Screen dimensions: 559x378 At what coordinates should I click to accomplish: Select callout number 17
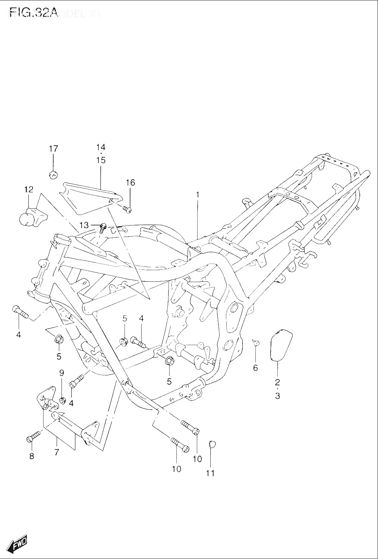[x=53, y=149]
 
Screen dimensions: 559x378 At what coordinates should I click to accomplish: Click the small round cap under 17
[x=53, y=174]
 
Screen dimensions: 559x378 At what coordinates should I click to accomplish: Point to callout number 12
[x=29, y=189]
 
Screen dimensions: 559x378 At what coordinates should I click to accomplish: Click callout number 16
[x=130, y=182]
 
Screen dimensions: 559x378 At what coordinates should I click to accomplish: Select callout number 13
[x=84, y=225]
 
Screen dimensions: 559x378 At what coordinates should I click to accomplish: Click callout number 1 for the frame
[x=198, y=195]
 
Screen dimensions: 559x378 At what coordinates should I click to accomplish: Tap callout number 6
[x=255, y=368]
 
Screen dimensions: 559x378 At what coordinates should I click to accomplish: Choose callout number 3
[x=277, y=396]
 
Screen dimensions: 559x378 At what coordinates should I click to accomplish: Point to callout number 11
[x=211, y=473]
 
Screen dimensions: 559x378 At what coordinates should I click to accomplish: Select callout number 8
[x=32, y=456]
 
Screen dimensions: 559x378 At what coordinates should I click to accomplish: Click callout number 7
[x=57, y=453]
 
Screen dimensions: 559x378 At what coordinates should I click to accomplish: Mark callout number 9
[x=62, y=372]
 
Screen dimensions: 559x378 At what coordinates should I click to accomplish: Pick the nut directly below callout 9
[x=63, y=400]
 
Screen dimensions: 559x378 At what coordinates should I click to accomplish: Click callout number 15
[x=101, y=160]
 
